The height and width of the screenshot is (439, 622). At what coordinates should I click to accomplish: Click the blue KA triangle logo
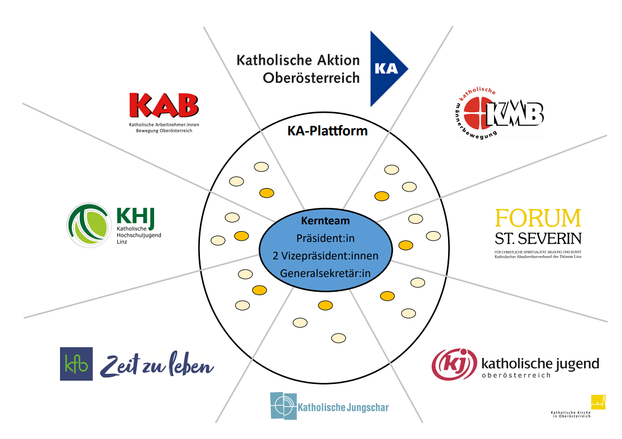point(385,69)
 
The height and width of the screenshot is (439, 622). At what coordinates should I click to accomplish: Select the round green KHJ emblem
point(88,225)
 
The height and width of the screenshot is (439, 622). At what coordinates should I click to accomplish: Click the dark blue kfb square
point(76,364)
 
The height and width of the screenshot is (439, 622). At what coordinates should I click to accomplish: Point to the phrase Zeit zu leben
point(157,365)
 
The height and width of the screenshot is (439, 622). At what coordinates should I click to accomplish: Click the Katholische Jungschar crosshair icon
point(283,405)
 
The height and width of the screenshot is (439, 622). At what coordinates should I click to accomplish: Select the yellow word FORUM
point(538,218)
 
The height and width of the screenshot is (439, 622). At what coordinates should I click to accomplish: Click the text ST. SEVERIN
point(538,238)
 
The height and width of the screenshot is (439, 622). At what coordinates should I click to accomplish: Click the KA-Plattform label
point(327,131)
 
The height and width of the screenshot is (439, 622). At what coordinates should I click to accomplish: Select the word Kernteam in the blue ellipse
point(325,221)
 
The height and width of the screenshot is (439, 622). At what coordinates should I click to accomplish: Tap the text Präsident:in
point(325,238)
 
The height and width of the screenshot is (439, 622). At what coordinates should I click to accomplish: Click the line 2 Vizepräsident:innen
point(325,256)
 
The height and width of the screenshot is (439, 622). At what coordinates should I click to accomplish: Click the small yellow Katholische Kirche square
point(598,402)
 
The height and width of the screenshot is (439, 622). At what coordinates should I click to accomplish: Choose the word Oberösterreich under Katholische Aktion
point(311,78)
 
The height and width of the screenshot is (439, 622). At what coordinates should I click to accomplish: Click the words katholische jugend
point(539,363)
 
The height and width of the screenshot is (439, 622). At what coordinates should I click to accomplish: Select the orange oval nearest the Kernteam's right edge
point(406,245)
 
